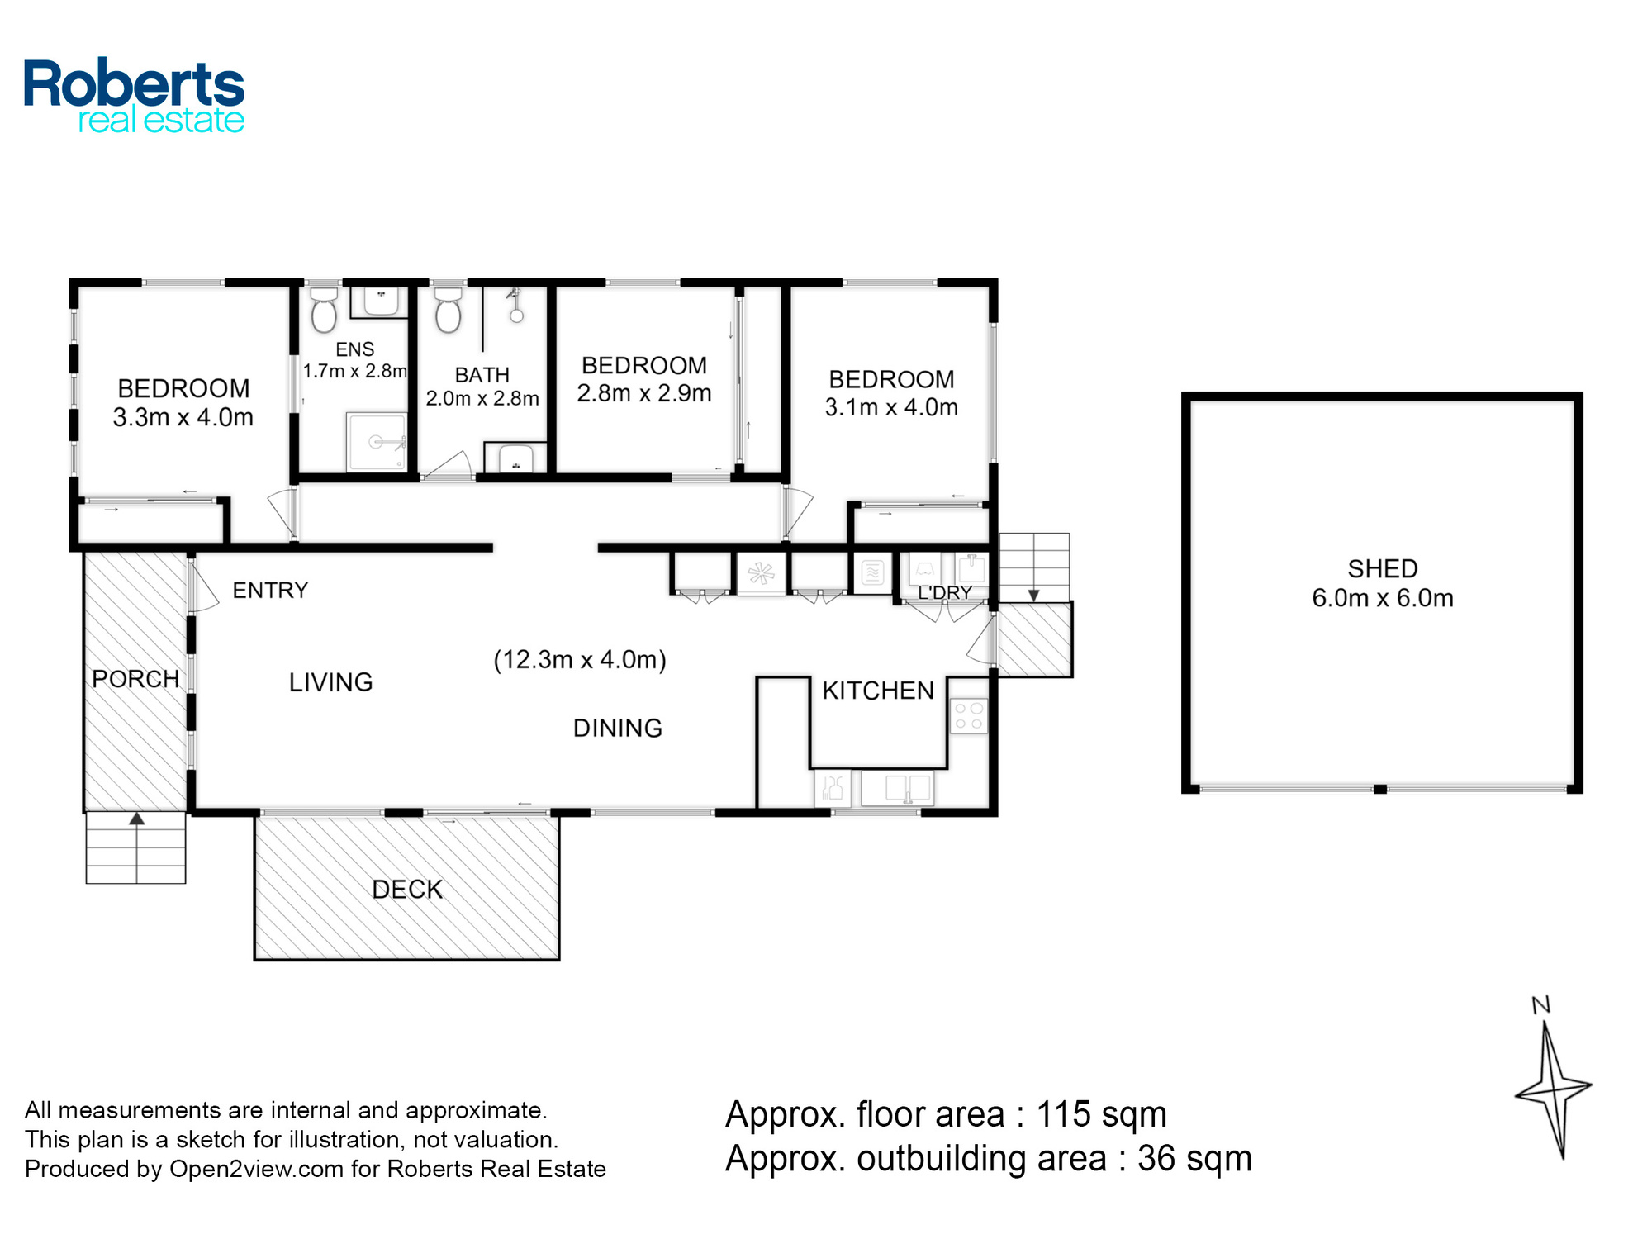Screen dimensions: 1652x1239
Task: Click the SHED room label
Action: pos(1383,568)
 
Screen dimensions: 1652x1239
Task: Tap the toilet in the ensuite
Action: pos(323,308)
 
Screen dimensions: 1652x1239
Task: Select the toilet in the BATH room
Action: pos(448,309)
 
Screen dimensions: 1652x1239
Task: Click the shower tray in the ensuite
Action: pos(377,441)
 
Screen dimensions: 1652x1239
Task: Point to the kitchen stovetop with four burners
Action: pos(968,716)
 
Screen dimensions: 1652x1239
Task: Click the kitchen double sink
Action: pos(898,788)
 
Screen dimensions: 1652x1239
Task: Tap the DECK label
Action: pos(407,890)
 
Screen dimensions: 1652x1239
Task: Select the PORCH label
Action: pos(135,679)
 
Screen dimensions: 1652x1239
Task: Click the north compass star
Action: pos(1553,1089)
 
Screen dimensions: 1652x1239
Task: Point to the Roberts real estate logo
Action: pos(134,95)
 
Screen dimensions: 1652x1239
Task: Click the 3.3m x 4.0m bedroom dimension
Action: pos(183,417)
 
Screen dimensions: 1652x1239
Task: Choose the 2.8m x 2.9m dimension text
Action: pos(644,393)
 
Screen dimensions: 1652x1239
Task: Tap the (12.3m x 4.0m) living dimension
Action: pos(580,659)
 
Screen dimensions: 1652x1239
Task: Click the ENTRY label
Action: pos(270,590)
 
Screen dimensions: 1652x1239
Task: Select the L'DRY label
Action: pos(945,592)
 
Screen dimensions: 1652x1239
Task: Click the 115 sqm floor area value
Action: pos(1101,1114)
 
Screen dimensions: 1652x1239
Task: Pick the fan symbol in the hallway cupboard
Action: pos(761,572)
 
